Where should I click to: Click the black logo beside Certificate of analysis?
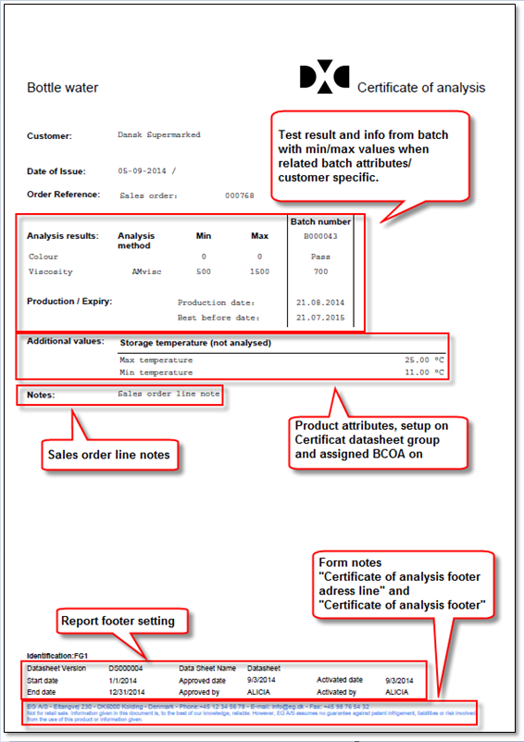pyautogui.click(x=324, y=78)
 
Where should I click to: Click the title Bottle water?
pyautogui.click(x=63, y=88)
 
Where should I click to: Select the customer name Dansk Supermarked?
pyautogui.click(x=159, y=135)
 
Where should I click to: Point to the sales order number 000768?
pyautogui.click(x=239, y=196)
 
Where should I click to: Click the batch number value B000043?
pyautogui.click(x=320, y=236)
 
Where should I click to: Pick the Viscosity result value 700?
pyautogui.click(x=320, y=272)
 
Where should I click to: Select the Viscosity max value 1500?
pyautogui.click(x=260, y=272)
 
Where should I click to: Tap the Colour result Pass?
pyautogui.click(x=320, y=256)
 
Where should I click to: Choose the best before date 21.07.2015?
pyautogui.click(x=320, y=317)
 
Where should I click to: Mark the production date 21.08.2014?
pyautogui.click(x=320, y=302)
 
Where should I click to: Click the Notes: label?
pyautogui.click(x=41, y=395)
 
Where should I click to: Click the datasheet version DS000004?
pyautogui.click(x=127, y=667)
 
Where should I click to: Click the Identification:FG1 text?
pyautogui.click(x=53, y=655)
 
